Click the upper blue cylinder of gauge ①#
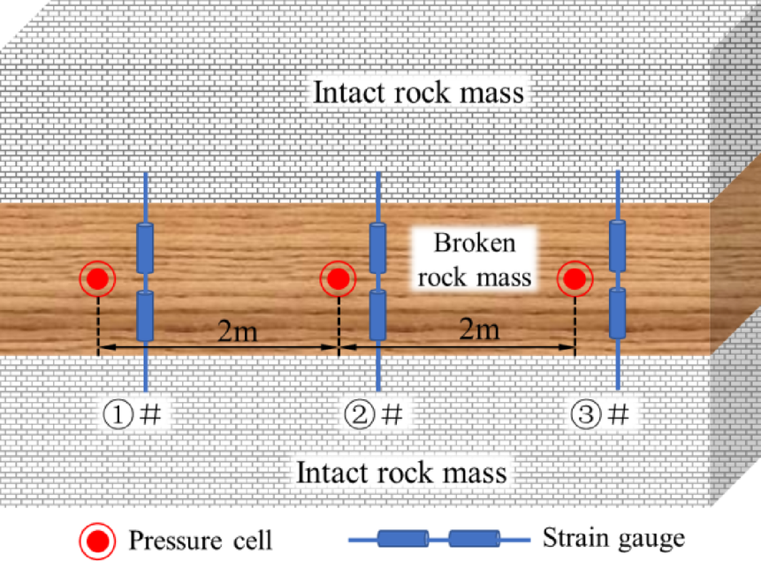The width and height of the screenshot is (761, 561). coord(145,248)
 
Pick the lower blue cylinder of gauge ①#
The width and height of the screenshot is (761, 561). coord(145,316)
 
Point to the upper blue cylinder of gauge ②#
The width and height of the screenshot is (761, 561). coord(378,248)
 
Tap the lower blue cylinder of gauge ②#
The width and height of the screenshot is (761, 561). coord(378,316)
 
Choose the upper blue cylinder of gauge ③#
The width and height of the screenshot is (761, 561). coord(618,248)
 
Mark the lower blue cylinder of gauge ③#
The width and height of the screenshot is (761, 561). coord(618,316)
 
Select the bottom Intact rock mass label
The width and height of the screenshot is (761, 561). coord(402,472)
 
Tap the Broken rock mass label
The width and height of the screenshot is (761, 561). coord(476,260)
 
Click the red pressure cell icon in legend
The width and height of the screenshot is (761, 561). coord(97,538)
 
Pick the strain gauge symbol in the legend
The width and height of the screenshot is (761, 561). coord(438,538)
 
